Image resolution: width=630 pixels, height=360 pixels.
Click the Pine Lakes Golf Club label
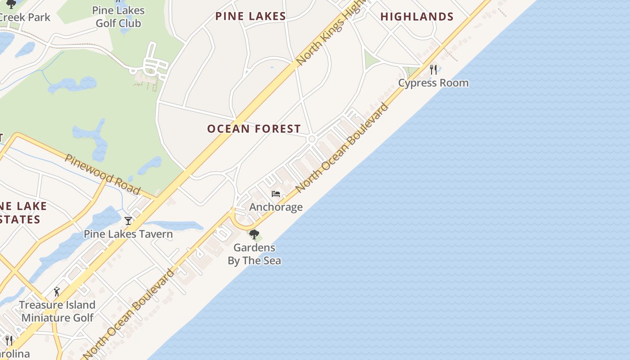coord(118,17)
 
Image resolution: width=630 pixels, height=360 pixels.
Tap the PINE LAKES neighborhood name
coord(250,16)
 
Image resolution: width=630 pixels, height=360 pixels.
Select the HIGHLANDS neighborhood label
coord(417,17)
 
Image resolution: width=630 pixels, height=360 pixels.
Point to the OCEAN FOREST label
coord(254,129)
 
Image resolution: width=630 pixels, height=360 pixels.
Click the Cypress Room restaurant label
coord(433,83)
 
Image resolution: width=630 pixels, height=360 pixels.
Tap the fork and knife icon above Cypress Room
coord(433,69)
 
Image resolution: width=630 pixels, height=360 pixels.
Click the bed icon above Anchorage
coord(276,194)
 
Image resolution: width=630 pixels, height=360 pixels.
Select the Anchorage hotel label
coord(276,207)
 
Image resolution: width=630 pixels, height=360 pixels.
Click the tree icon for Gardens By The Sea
coord(254,234)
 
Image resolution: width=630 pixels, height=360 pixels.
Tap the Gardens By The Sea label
coord(254,254)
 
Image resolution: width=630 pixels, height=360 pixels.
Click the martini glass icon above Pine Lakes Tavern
coord(128,220)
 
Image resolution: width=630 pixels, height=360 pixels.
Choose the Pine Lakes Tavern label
coord(128,234)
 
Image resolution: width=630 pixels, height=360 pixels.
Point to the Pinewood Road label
coord(102,174)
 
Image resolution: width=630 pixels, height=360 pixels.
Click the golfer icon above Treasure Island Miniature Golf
coord(57,292)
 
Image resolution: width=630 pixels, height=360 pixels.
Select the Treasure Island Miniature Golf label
coord(58,311)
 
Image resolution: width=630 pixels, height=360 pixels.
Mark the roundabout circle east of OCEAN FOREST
coord(311,139)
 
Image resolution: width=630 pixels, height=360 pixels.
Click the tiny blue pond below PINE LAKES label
coord(272,67)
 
